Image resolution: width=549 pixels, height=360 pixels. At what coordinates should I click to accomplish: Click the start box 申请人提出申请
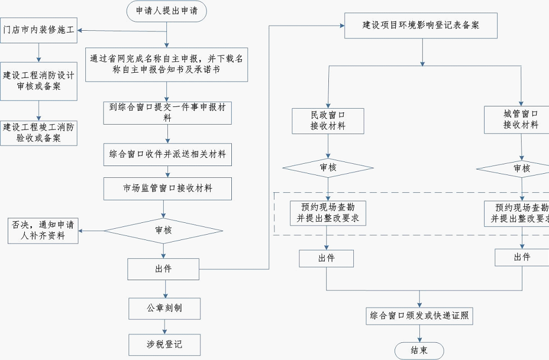pos(166,11)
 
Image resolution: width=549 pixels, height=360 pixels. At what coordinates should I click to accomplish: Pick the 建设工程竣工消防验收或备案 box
pos(38,133)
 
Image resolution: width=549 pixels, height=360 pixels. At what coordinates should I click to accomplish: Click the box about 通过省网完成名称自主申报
pos(166,64)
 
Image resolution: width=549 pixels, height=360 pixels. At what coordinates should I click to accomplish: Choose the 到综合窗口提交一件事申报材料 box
pos(167,112)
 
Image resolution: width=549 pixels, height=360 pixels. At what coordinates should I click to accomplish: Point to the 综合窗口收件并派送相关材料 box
pos(167,154)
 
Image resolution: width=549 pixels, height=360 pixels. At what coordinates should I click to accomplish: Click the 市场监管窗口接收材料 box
pos(167,189)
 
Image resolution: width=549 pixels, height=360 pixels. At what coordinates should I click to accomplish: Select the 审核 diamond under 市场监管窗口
pos(163,230)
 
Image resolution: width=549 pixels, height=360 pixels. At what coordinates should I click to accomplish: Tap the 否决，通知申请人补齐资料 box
pos(43,231)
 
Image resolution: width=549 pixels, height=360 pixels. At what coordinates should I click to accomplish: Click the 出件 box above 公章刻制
pos(163,269)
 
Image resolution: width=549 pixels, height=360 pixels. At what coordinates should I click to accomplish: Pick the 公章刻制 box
pos(164,308)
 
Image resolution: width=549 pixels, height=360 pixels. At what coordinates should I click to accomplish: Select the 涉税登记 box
pos(164,345)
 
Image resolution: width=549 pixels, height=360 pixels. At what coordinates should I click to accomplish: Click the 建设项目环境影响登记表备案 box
pos(421,26)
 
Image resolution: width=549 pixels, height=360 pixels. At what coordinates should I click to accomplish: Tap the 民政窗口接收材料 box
pos(328,120)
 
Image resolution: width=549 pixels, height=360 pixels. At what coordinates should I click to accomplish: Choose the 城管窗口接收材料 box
pos(521,119)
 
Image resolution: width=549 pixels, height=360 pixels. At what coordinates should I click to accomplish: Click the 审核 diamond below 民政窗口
pos(328,168)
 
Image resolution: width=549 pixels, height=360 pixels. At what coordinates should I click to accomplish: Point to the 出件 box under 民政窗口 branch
pos(326,258)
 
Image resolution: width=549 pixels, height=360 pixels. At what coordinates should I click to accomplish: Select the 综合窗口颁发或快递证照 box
pos(419,316)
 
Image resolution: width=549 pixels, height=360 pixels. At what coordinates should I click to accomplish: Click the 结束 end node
pos(419,350)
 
